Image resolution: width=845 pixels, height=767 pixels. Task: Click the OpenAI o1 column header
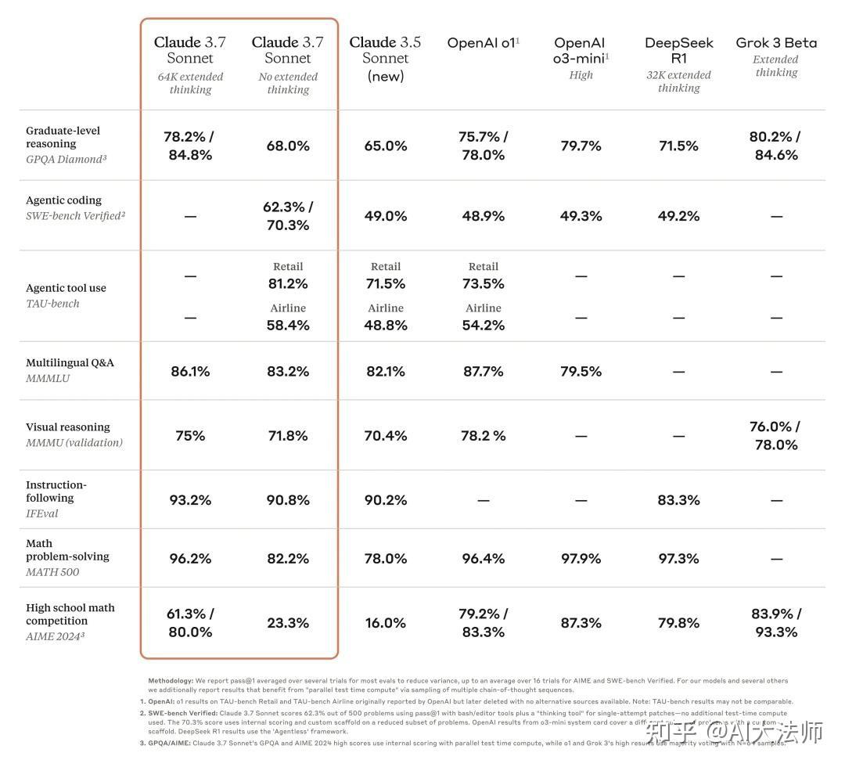[x=483, y=43]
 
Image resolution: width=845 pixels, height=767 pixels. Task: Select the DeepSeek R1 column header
[x=678, y=50]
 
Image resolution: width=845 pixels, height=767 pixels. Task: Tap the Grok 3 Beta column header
[x=776, y=43]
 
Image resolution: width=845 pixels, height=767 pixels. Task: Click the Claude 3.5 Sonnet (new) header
[x=385, y=59]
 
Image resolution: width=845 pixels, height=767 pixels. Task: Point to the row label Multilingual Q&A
[x=70, y=363]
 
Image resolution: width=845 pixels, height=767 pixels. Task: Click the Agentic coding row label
[x=63, y=200]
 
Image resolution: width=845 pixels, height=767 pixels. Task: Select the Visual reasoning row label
[x=68, y=427]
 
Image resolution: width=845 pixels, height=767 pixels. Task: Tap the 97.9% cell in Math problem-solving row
[x=581, y=559]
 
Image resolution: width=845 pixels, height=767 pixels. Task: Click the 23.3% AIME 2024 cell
[x=288, y=623]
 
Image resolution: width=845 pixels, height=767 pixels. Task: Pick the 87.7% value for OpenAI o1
[x=483, y=372]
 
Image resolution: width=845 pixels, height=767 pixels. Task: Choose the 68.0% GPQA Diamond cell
[x=288, y=146]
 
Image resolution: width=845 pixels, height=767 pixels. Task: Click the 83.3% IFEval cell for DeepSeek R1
[x=678, y=500]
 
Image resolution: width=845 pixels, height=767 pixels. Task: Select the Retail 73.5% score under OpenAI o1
[x=483, y=283]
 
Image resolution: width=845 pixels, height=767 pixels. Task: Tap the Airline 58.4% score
[x=288, y=325]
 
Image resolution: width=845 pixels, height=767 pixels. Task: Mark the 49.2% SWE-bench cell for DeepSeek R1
[x=678, y=216]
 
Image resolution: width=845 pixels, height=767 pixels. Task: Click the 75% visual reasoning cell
[x=190, y=436]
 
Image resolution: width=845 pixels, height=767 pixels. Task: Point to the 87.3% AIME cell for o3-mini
[x=581, y=623]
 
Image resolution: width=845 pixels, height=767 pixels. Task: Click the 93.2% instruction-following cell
[x=190, y=500]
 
